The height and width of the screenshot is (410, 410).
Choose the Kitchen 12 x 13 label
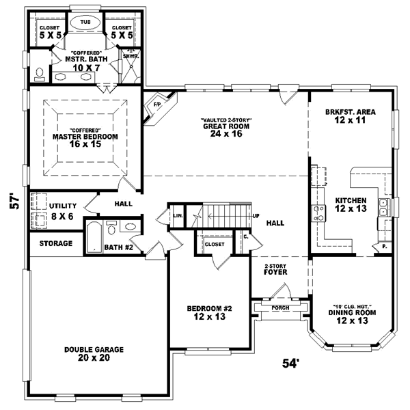(351, 205)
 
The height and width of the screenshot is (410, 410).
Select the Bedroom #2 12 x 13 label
(210, 312)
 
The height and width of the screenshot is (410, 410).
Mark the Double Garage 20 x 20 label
(94, 353)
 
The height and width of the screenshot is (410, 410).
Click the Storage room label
(55, 243)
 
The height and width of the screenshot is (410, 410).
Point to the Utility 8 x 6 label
(63, 210)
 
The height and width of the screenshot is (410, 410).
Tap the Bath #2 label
(117, 247)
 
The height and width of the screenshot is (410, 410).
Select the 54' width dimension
(291, 364)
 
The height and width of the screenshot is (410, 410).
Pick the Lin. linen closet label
(178, 216)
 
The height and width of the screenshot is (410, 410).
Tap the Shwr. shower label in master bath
(129, 56)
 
